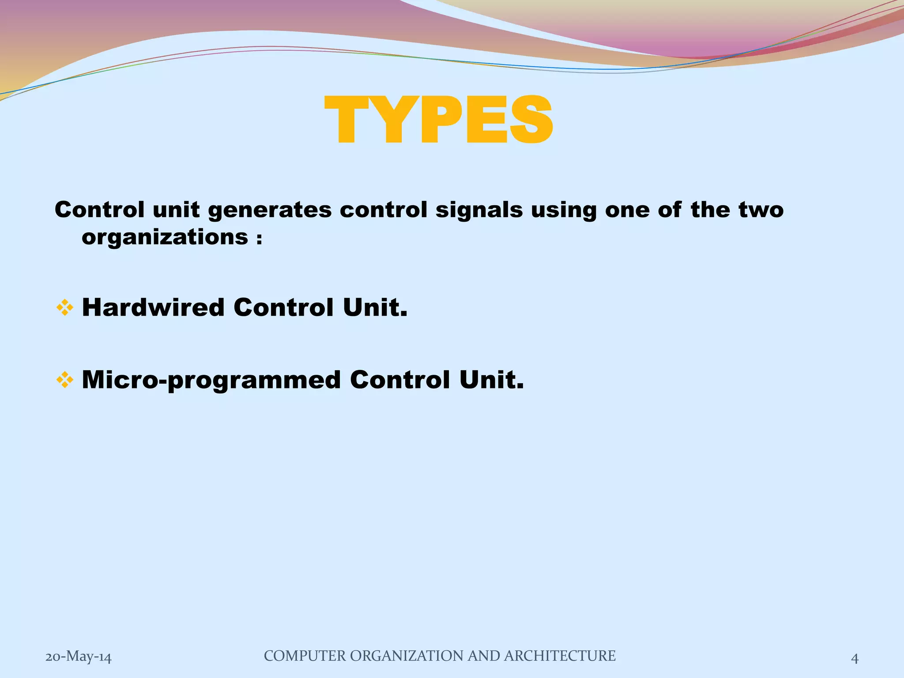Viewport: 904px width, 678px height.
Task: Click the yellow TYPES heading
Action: pos(438,120)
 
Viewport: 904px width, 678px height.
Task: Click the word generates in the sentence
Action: pos(270,210)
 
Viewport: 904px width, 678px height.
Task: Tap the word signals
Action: pos(479,210)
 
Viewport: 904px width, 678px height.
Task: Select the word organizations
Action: pos(165,237)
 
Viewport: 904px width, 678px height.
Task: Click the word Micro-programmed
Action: pos(211,380)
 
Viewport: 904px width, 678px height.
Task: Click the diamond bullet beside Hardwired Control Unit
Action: pos(64,308)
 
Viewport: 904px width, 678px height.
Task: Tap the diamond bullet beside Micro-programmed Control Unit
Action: pos(64,380)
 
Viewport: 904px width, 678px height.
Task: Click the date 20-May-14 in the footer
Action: pos(79,657)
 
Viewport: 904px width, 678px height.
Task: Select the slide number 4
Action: pos(855,658)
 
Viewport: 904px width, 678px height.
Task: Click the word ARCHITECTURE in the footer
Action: pos(559,656)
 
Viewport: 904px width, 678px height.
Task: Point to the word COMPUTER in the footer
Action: pos(305,656)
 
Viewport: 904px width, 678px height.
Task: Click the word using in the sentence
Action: pos(564,210)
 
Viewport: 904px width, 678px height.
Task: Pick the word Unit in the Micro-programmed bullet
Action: pos(491,380)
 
